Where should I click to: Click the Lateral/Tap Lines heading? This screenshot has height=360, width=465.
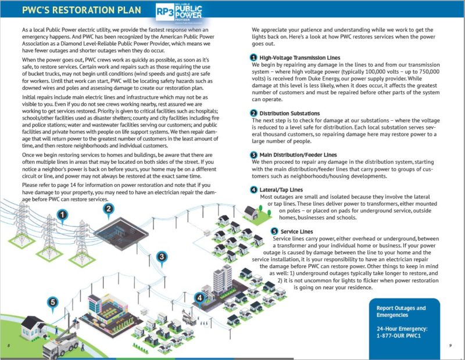tap(281, 190)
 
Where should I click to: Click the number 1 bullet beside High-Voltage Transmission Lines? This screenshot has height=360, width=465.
tap(253, 57)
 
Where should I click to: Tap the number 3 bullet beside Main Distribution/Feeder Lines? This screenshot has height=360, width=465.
tap(253, 154)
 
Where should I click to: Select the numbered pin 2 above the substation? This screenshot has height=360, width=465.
tap(108, 208)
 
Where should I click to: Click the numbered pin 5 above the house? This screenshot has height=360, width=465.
tap(53, 302)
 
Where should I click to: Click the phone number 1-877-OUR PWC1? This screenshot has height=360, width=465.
tap(400, 336)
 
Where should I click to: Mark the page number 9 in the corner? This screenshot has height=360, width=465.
tap(450, 346)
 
